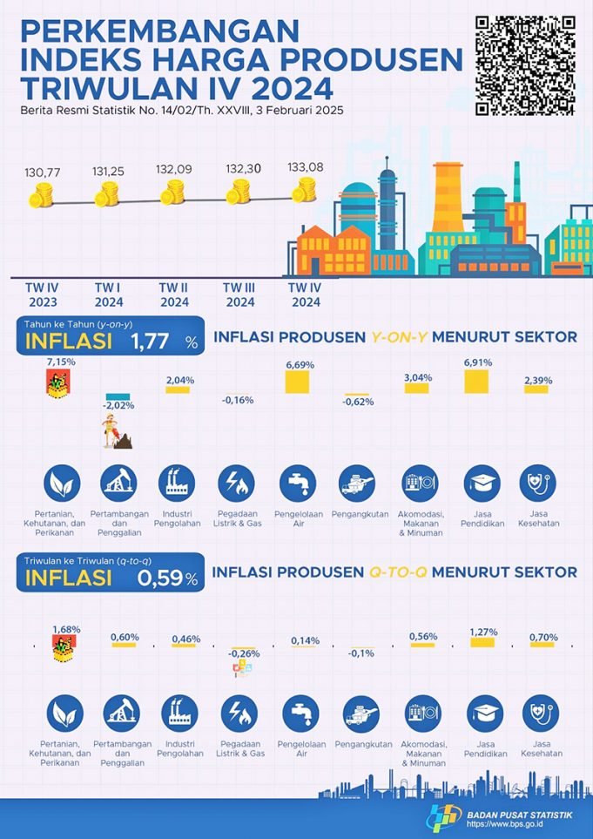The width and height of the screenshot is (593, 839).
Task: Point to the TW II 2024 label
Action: [174, 294]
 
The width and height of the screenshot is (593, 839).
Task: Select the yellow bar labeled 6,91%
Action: [476, 382]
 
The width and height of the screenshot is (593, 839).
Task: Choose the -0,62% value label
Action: [355, 403]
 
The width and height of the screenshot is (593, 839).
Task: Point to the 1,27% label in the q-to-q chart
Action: [484, 632]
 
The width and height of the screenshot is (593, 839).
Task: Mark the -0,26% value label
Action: [243, 653]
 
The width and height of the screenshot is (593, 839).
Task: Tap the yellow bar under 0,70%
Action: [542, 646]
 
